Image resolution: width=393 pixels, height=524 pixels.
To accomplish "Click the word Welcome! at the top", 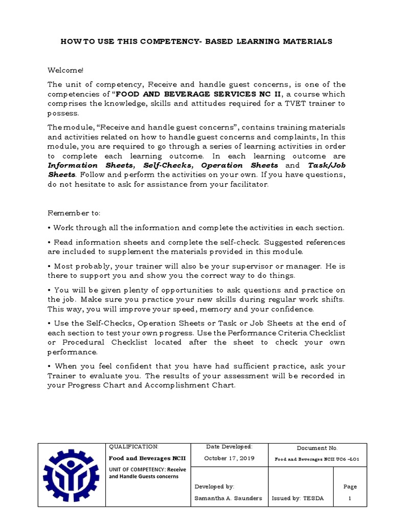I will (65, 70).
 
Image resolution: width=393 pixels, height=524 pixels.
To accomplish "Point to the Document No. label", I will (317, 448).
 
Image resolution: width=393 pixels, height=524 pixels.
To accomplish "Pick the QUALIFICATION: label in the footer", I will (135, 447).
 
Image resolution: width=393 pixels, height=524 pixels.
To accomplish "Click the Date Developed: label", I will (229, 447).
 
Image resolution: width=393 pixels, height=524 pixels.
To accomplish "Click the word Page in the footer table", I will (351, 487).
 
